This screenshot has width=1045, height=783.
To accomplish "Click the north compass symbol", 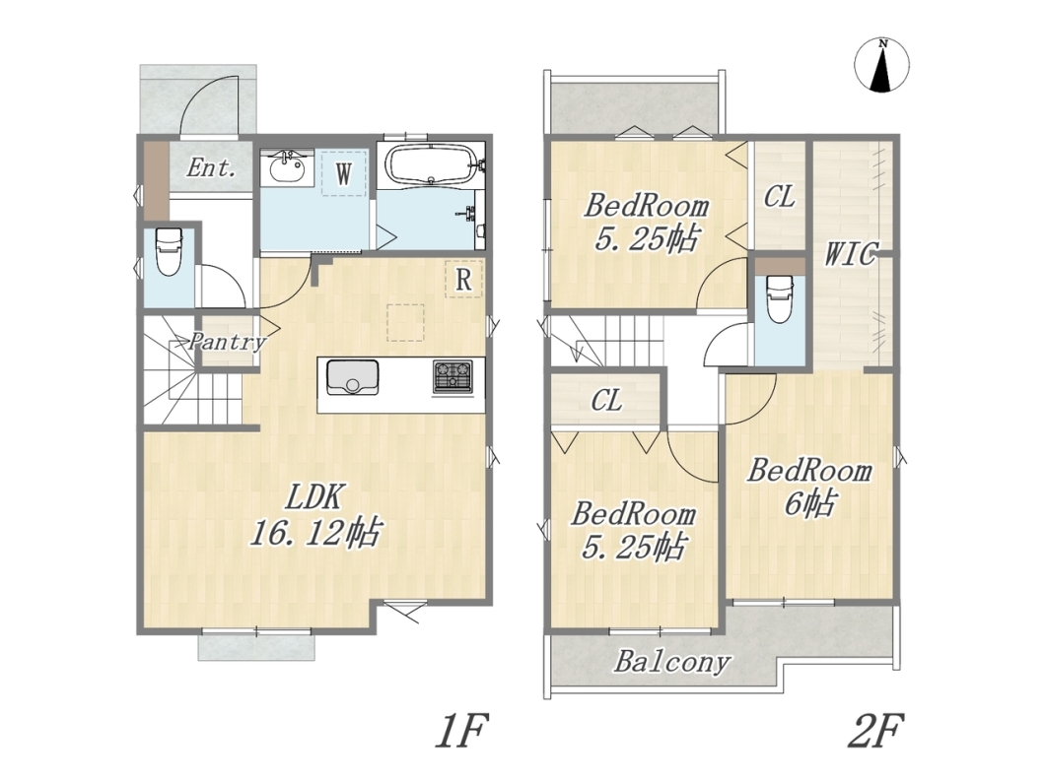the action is pos(881,65).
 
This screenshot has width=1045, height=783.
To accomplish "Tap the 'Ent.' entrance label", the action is pos(211,167).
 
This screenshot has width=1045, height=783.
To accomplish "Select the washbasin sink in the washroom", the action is pos(290,167).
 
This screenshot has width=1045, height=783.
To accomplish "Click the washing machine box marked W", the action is pos(344,173).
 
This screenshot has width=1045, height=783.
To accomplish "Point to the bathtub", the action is pos(431,165).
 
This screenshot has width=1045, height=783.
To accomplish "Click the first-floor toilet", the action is pos(169,251).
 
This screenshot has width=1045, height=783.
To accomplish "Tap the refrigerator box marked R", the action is pos(464,279).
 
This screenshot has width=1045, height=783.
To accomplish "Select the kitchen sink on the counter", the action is pos(352,377).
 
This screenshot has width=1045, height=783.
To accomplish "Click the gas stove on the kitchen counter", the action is pos(453,375).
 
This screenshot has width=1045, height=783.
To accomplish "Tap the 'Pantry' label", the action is pos(227,343).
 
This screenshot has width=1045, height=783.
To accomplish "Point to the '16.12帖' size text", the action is pos(315,533).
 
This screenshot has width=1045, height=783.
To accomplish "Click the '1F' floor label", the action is pos(461,731).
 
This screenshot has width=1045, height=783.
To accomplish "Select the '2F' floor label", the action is pos(875,731).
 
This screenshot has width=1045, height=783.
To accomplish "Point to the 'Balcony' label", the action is pos(671,663).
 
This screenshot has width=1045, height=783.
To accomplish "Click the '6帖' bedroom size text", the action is pos(808,502).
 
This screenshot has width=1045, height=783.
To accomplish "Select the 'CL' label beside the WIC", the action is pos(779,197).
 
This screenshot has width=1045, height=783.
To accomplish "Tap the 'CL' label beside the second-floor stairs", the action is pos(606,401).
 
